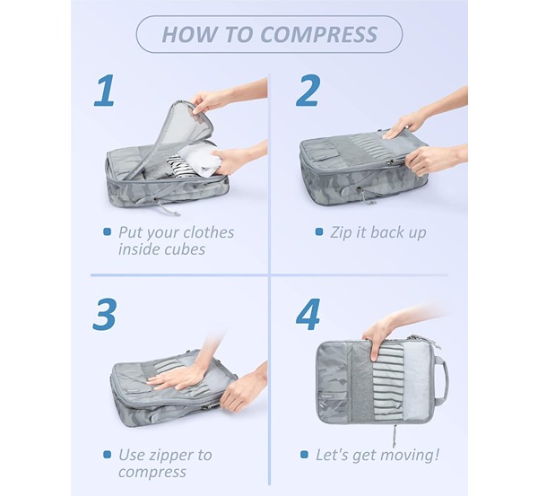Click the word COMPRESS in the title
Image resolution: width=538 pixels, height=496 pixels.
pyautogui.click(x=318, y=34)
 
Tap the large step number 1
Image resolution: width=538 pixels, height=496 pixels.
pyautogui.click(x=105, y=91)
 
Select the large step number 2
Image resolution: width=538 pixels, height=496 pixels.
pyautogui.click(x=308, y=91)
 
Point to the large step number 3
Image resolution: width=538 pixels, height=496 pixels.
pyautogui.click(x=104, y=315)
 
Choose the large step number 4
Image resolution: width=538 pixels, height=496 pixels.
pyautogui.click(x=308, y=315)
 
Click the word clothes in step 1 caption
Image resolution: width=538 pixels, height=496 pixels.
pyautogui.click(x=210, y=232)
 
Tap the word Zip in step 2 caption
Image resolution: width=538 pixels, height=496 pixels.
pyautogui.click(x=341, y=233)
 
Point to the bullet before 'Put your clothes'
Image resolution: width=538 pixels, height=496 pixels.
pyautogui.click(x=108, y=231)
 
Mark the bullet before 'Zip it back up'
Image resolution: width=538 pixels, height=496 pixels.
pyautogui.click(x=319, y=232)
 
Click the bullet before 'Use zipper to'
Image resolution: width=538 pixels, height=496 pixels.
pyautogui.click(x=108, y=455)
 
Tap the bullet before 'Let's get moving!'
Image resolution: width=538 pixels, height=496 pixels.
pyautogui.click(x=304, y=455)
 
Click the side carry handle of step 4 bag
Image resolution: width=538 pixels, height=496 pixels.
pyautogui.click(x=445, y=379)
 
